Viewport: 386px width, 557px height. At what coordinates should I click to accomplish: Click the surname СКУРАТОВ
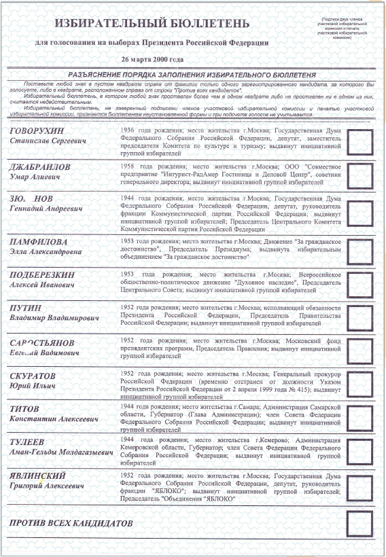pyautogui.click(x=33, y=376)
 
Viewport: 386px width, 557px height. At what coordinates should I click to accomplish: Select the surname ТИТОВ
pyautogui.click(x=24, y=409)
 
